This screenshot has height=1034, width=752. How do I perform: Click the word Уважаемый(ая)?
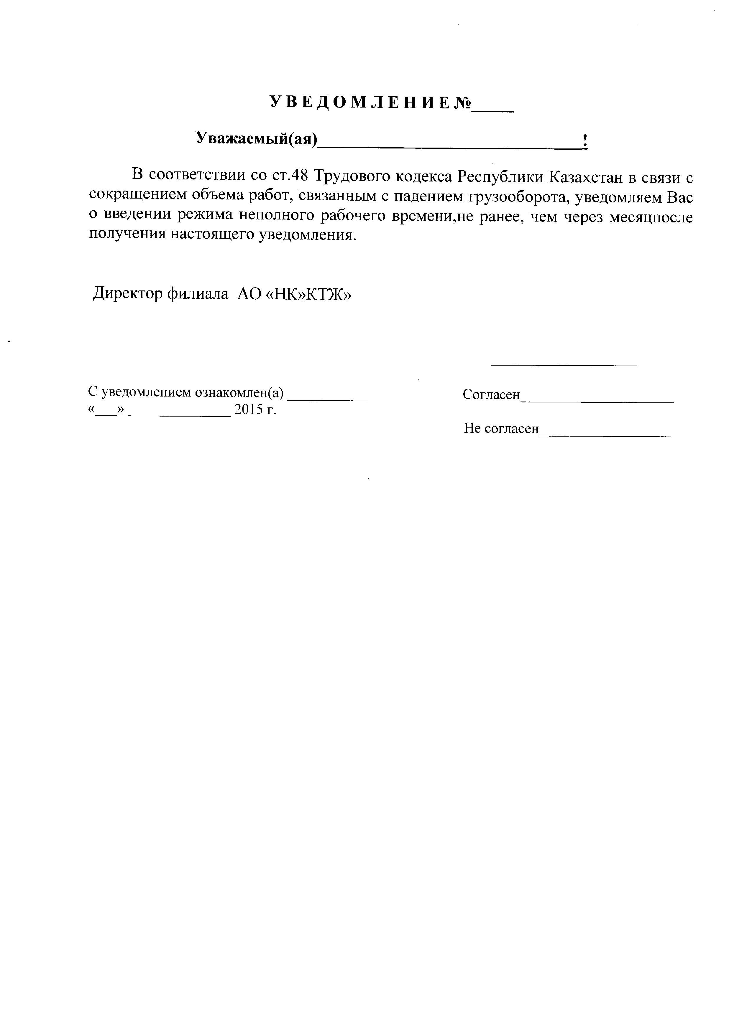(x=256, y=138)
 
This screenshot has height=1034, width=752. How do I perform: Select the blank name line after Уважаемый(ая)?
(x=449, y=145)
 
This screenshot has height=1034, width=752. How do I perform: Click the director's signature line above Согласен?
(x=564, y=365)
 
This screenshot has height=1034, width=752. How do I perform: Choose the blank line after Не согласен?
(x=605, y=435)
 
